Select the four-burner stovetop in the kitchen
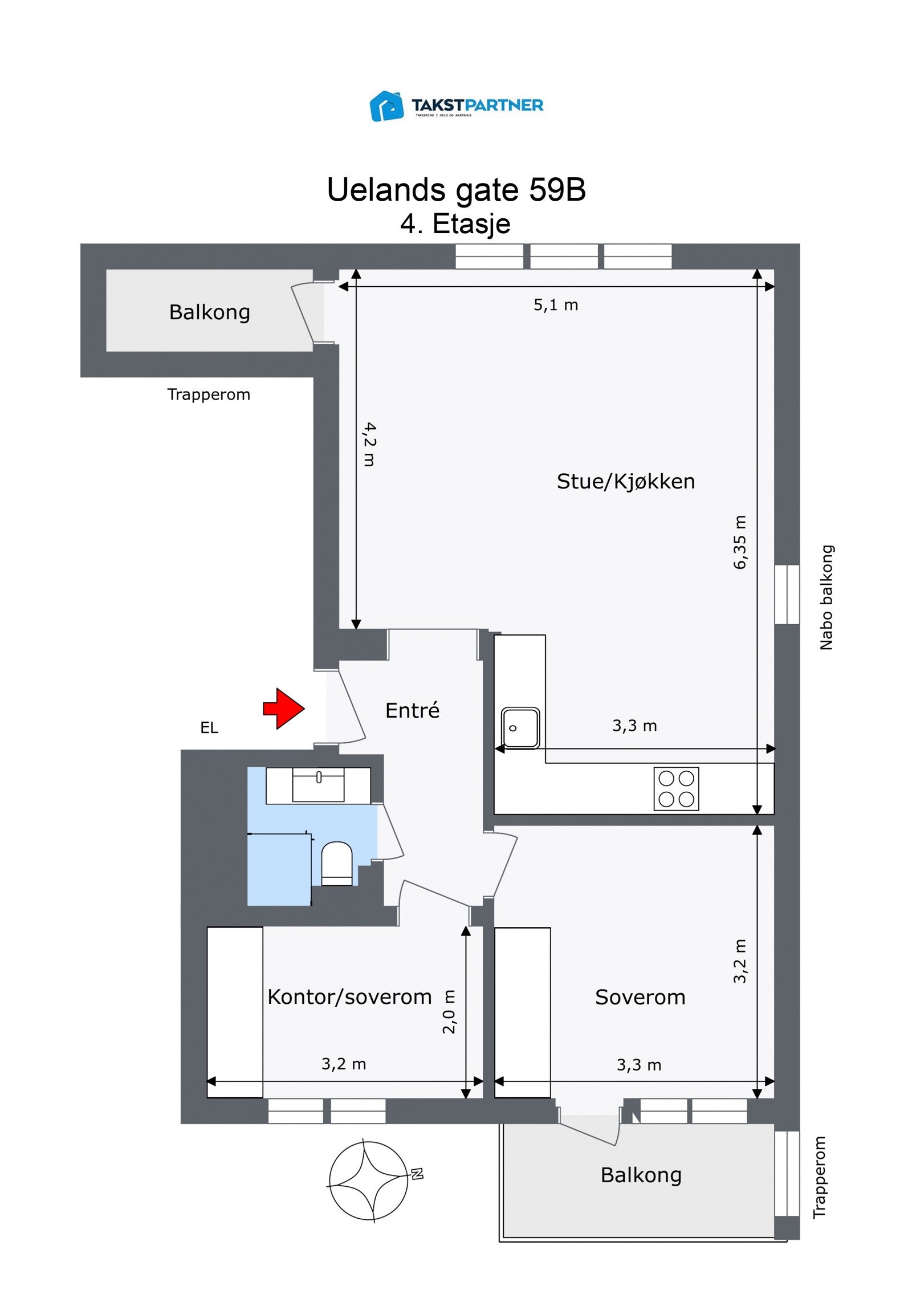675,789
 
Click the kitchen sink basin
520,727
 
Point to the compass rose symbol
368,1181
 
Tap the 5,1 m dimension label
555,305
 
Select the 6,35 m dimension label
739,542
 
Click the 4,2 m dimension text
369,444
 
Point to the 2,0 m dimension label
449,1012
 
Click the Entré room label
412,710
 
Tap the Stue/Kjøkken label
625,482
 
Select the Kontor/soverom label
349,997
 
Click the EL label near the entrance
209,728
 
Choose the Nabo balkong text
826,597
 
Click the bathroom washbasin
318,784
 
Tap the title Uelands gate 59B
456,190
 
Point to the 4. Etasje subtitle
455,223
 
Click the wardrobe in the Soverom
522,1012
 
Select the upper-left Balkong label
209,312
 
